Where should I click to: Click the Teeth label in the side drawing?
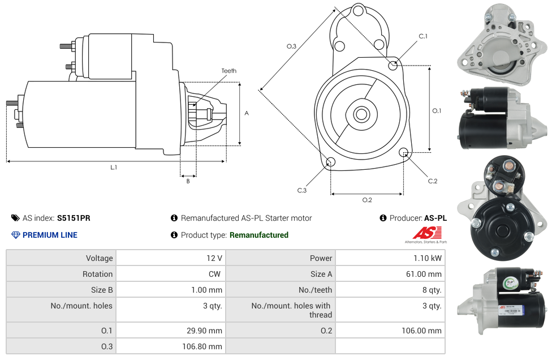[x=228, y=71]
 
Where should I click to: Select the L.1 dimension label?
[x=114, y=167]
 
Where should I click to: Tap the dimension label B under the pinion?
[x=188, y=181]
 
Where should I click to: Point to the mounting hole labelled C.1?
[x=393, y=65]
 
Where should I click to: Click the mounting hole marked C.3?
[x=331, y=163]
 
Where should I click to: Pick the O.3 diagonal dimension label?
[x=291, y=46]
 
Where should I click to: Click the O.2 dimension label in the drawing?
[x=367, y=200]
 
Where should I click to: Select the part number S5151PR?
[x=74, y=218]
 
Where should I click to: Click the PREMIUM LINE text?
[x=50, y=235]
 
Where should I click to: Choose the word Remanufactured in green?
[x=259, y=235]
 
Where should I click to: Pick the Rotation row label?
[x=97, y=274]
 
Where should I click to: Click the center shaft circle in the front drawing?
[x=361, y=114]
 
